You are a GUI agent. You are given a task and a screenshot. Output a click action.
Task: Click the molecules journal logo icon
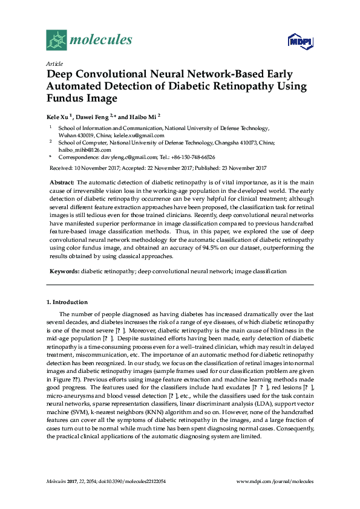pos(56,41)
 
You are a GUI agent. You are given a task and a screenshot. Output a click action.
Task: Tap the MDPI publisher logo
pos(299,41)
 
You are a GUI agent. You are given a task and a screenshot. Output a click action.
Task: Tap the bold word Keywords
pos(64,272)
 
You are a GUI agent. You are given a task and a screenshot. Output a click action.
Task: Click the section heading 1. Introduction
pos(67,302)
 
